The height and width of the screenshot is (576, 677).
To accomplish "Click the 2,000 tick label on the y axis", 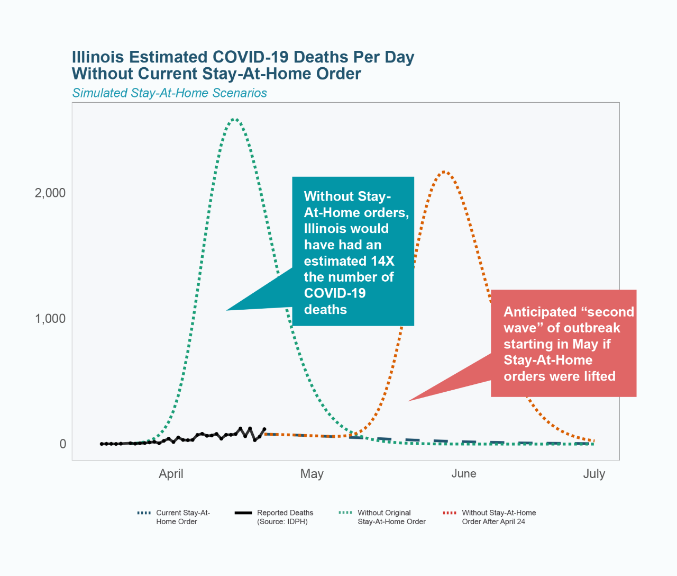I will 50,193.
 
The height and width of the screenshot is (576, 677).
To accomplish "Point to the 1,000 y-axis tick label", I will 50,319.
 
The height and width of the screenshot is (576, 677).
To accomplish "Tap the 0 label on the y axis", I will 63,444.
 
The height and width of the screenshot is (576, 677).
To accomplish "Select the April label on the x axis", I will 171,474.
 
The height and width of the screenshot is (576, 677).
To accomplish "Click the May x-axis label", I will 312,474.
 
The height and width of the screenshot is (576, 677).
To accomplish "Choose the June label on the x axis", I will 464,474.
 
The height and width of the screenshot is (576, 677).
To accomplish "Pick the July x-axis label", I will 594,474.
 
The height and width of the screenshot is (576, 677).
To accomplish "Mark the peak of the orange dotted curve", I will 445,172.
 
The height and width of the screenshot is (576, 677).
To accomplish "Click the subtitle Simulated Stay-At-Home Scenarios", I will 169,93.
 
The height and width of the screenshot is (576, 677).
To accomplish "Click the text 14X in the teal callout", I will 382,261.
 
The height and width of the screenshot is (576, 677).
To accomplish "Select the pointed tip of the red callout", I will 408,401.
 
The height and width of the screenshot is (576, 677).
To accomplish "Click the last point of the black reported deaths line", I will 264,429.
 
